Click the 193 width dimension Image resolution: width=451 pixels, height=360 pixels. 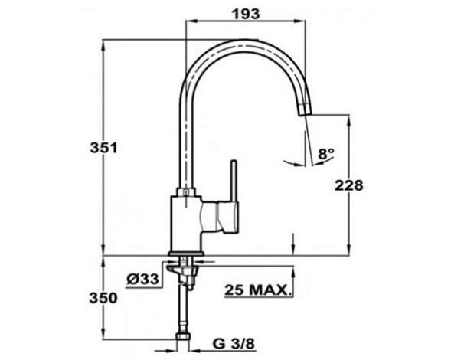coord(246,14)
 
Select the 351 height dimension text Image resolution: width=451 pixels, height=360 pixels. coord(104,148)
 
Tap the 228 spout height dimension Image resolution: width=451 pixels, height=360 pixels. coord(349,185)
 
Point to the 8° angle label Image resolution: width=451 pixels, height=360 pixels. coord(326,154)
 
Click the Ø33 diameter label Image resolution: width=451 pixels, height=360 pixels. coord(142,279)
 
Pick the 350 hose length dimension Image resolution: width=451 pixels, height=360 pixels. coord(103,298)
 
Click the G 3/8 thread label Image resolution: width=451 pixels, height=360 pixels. coord(234,344)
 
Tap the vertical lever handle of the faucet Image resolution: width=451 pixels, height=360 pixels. coord(234,182)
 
